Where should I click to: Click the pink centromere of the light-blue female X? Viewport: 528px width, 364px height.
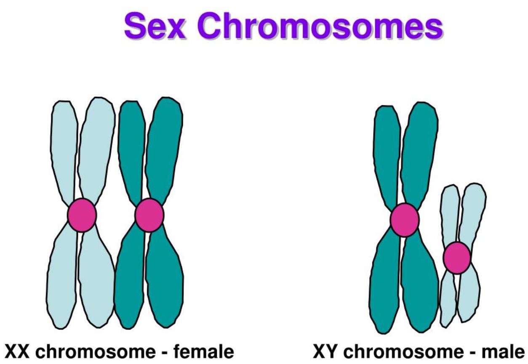82,215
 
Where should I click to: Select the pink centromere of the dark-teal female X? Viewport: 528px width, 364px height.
149,215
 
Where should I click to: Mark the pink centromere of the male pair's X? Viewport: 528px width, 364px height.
404,220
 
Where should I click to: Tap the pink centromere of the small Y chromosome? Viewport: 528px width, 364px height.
457,258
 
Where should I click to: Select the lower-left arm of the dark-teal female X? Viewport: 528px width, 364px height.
129,282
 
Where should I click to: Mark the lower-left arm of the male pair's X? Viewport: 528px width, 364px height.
385,286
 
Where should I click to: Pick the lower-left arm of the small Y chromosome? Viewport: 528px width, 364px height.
448,299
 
